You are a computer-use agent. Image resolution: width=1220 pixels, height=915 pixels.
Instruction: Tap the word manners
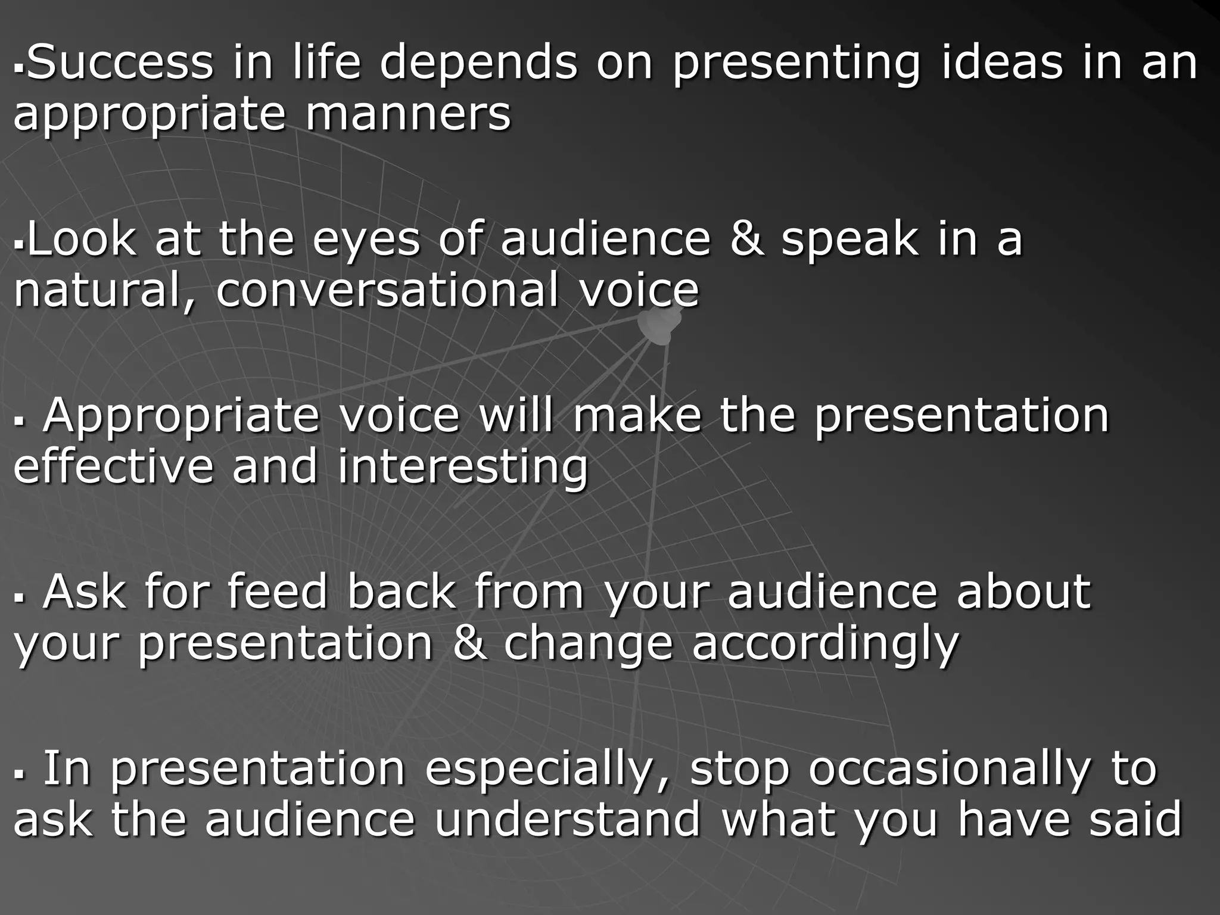408,114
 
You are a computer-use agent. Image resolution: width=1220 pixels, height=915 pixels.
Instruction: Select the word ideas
1002,63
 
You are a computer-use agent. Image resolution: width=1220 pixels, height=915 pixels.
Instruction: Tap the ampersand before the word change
469,643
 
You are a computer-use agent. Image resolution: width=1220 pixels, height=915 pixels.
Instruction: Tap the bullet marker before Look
19,245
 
